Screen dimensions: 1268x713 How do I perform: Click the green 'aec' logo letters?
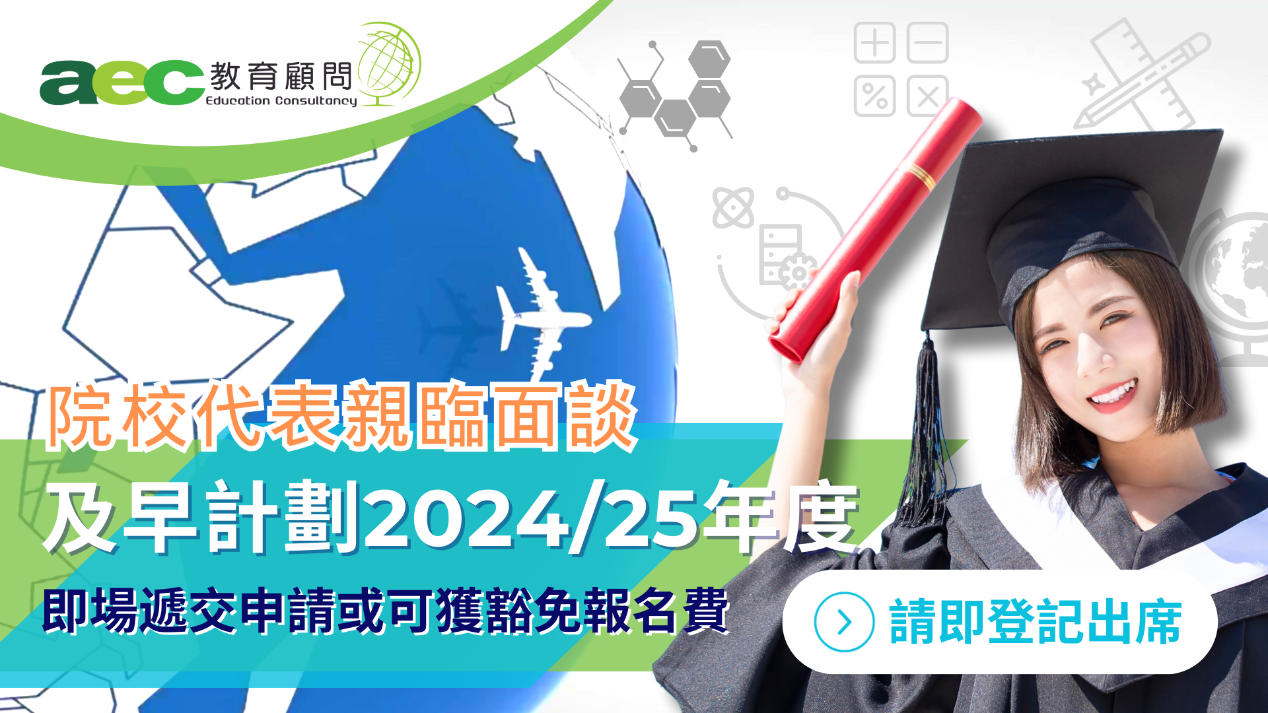(x=122, y=83)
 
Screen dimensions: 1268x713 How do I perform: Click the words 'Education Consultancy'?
(x=281, y=101)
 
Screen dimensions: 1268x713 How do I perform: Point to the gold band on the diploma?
(x=918, y=174)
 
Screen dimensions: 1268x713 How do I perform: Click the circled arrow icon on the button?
(x=844, y=622)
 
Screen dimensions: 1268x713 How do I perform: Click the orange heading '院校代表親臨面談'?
(x=341, y=417)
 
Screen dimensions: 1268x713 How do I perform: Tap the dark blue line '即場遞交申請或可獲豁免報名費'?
(x=386, y=611)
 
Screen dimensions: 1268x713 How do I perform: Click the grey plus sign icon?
(x=874, y=43)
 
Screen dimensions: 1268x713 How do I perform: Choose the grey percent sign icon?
(x=874, y=96)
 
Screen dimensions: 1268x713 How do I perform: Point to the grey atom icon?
(x=733, y=207)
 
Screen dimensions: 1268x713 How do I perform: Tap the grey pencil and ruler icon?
(x=1143, y=76)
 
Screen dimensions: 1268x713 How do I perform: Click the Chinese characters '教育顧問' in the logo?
(x=281, y=77)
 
